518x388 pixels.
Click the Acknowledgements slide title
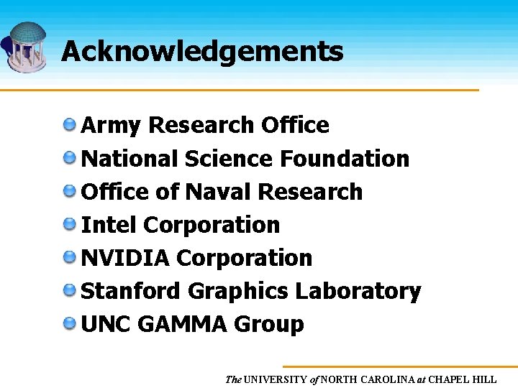(x=202, y=52)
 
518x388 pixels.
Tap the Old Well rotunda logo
(x=27, y=47)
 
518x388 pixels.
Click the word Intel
(x=109, y=225)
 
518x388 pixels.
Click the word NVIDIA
(x=125, y=258)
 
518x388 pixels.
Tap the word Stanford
(x=131, y=291)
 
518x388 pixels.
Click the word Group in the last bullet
(x=268, y=325)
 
